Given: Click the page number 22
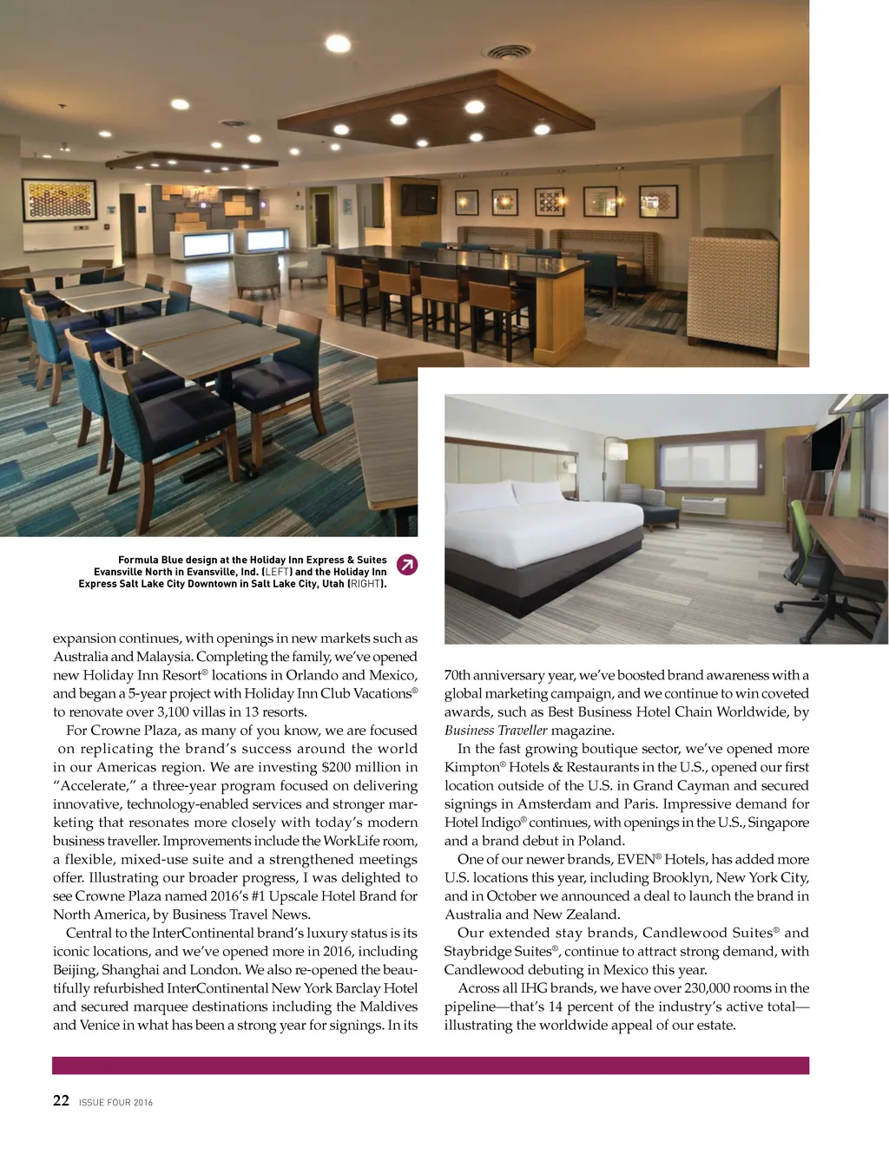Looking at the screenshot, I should click(x=61, y=1100).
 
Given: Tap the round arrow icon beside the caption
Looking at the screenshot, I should click(x=407, y=565).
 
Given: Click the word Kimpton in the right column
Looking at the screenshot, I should click(x=471, y=767).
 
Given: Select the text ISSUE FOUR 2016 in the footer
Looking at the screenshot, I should click(x=115, y=1103).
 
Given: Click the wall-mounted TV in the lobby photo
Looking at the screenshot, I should click(x=419, y=200).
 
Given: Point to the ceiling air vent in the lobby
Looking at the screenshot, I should click(x=509, y=51).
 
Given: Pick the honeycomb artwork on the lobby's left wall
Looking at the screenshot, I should click(x=59, y=200).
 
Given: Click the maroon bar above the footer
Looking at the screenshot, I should click(x=431, y=1065).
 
